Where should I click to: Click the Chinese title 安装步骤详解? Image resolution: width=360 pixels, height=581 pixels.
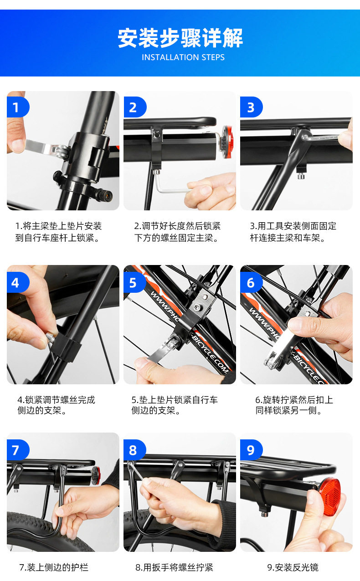pyautogui.click(x=180, y=38)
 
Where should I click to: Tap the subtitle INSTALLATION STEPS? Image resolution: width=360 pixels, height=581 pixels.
pyautogui.click(x=183, y=57)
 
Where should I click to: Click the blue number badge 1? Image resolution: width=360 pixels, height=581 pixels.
pyautogui.click(x=18, y=107)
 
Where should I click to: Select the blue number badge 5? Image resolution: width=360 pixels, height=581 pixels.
pyautogui.click(x=135, y=282)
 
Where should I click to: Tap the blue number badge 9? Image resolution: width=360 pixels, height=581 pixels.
pyautogui.click(x=251, y=450)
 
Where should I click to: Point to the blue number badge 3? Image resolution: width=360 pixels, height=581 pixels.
pyautogui.click(x=251, y=107)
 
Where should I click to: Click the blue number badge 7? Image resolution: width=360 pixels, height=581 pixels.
pyautogui.click(x=18, y=450)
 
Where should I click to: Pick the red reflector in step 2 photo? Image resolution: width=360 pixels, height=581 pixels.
pyautogui.click(x=227, y=142)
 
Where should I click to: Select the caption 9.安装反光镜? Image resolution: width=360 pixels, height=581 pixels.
pyautogui.click(x=293, y=567)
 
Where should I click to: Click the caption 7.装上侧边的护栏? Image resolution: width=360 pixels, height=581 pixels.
pyautogui.click(x=54, y=567)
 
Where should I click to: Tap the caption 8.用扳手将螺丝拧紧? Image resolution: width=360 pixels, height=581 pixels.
pyautogui.click(x=174, y=567)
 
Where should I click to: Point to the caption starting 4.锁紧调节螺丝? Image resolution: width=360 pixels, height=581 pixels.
pyautogui.click(x=57, y=405)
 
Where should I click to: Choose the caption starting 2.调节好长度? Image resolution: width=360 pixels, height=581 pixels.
pyautogui.click(x=177, y=232)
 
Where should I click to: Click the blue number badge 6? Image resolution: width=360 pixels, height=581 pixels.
pyautogui.click(x=251, y=282)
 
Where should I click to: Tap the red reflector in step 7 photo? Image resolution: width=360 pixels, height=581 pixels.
pyautogui.click(x=96, y=476)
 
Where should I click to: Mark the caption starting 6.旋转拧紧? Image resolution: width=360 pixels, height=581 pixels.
pyautogui.click(x=294, y=405)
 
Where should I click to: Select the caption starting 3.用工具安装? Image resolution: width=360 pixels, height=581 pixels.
pyautogui.click(x=293, y=232)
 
